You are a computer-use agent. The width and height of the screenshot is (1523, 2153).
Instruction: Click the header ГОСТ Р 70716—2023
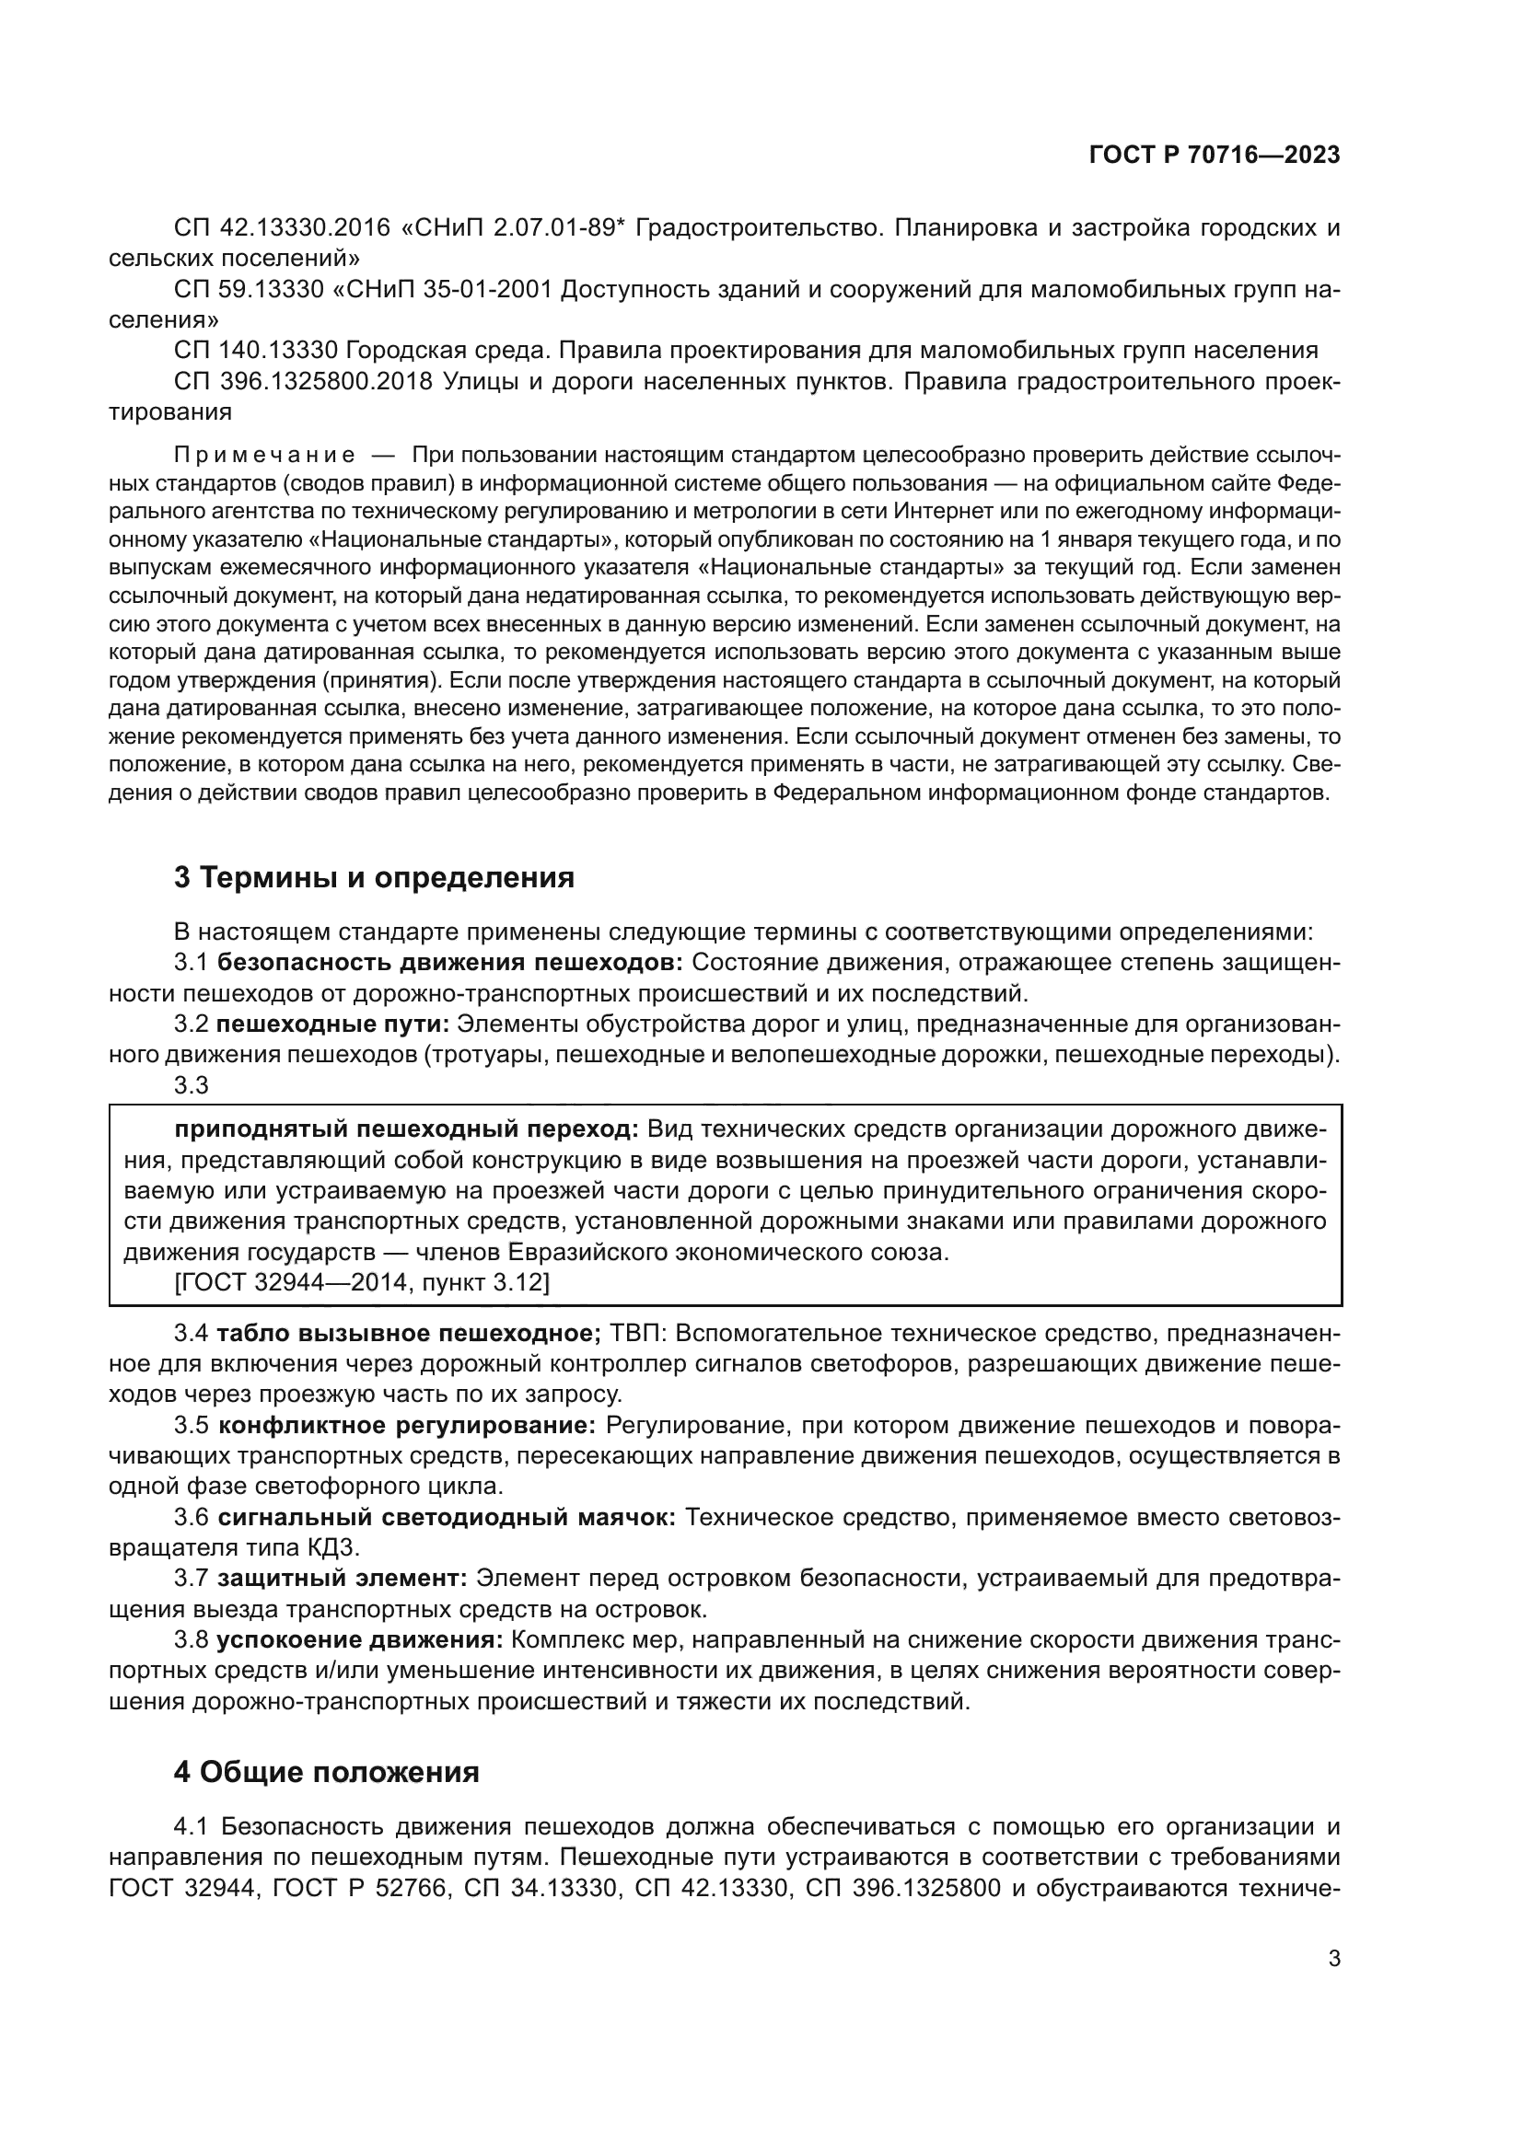1214,156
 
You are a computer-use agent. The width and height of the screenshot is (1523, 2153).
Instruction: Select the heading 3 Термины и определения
373,878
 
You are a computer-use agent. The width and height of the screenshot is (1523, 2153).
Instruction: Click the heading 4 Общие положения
326,1772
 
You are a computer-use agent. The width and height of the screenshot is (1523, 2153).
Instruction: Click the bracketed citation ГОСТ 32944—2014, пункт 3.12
362,1282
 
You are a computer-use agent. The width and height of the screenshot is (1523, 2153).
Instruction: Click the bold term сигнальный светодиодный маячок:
447,1518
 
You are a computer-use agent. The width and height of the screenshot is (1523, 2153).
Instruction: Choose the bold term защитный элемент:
343,1580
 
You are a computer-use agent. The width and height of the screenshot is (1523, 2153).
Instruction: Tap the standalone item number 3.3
192,1086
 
